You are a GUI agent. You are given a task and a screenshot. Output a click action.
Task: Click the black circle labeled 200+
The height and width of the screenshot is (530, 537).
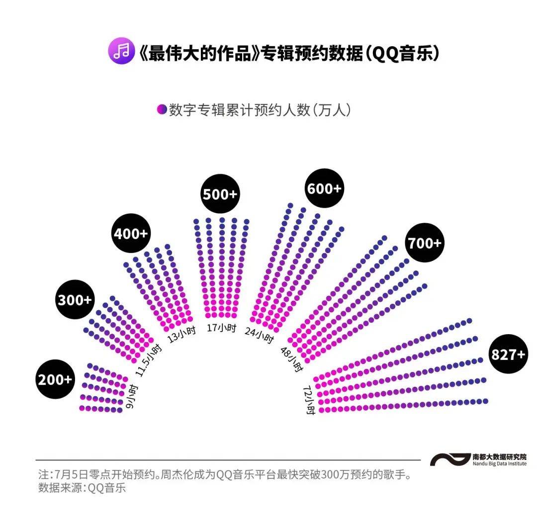(x=55, y=379)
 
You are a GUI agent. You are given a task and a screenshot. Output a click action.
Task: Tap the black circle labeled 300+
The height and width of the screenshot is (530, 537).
(x=75, y=299)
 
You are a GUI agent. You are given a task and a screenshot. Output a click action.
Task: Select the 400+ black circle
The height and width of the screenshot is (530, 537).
(x=131, y=233)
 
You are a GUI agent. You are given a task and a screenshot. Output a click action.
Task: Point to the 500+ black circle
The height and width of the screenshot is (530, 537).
(x=220, y=194)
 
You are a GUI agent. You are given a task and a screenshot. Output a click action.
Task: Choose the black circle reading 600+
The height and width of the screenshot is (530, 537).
(x=324, y=188)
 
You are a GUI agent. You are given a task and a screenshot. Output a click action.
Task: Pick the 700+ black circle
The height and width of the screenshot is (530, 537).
(x=425, y=243)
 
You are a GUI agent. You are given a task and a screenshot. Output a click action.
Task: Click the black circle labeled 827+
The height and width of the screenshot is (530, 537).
(x=508, y=353)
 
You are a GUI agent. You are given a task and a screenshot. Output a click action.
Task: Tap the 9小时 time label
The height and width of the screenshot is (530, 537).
(x=132, y=397)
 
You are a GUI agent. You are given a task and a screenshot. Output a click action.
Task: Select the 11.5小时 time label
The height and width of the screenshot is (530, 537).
(x=147, y=360)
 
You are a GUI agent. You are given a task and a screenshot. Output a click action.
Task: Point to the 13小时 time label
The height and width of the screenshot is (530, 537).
(x=182, y=334)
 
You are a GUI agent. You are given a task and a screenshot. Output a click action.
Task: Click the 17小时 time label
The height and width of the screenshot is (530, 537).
(x=222, y=328)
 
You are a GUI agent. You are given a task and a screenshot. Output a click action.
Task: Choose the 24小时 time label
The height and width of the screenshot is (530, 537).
(x=259, y=335)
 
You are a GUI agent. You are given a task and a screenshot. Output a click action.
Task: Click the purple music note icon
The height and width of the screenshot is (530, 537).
(x=122, y=51)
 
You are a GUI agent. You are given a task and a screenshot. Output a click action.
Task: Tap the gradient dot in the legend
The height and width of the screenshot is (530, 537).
(x=162, y=109)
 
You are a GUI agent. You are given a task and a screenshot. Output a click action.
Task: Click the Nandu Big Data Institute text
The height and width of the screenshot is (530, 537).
(x=500, y=463)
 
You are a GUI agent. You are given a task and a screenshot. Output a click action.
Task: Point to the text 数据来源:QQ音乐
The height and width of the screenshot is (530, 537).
(x=82, y=488)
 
